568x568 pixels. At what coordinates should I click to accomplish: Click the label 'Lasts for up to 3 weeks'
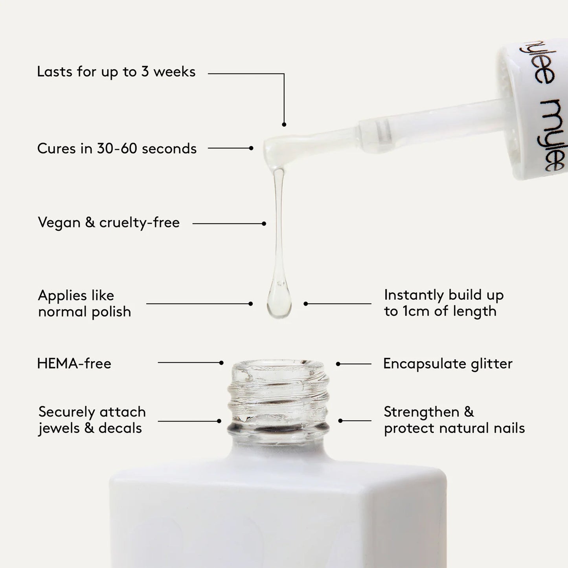(x=116, y=72)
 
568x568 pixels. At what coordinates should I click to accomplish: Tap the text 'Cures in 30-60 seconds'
(x=117, y=149)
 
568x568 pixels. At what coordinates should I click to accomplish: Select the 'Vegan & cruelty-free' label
(x=108, y=222)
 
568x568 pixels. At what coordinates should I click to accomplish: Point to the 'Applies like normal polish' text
(x=84, y=303)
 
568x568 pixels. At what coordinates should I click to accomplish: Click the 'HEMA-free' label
(x=74, y=364)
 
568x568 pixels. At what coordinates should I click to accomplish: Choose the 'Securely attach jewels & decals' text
(x=92, y=420)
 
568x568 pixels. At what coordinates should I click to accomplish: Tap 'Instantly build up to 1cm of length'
(x=443, y=303)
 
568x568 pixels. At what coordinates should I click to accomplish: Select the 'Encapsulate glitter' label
(x=448, y=364)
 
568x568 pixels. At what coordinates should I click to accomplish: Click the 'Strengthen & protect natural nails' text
(x=454, y=420)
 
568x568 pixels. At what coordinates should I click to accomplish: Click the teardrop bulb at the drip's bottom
(x=279, y=303)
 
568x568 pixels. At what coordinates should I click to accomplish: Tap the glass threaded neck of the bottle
(x=279, y=397)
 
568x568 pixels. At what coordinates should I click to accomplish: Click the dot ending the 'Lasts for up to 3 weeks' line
(x=284, y=125)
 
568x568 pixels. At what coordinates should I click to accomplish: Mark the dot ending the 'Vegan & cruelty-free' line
(x=264, y=224)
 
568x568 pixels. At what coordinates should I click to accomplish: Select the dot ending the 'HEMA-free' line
(x=221, y=363)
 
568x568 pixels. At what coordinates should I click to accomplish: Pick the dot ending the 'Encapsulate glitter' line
(x=338, y=364)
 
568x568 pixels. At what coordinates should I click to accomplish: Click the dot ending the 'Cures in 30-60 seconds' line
(x=251, y=148)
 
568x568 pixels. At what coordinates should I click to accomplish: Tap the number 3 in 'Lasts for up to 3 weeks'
(x=145, y=72)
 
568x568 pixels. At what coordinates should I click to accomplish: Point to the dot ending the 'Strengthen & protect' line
(x=340, y=421)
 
